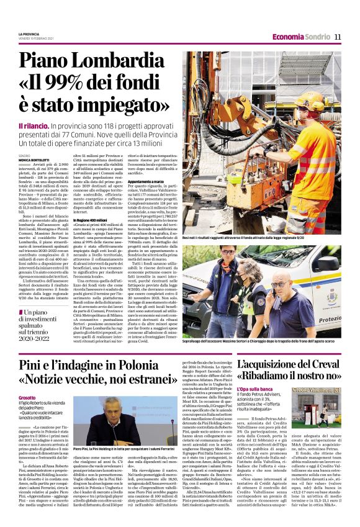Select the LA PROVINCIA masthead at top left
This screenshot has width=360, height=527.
[x=29, y=34]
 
